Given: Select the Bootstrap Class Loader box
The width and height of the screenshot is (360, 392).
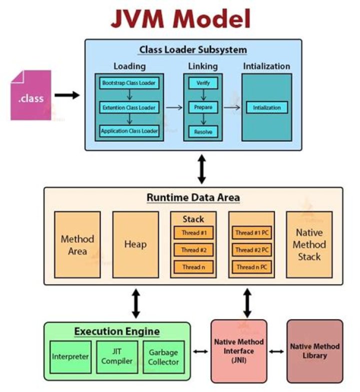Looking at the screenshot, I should point(129,82).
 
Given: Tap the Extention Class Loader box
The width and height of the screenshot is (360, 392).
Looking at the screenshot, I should point(129,107).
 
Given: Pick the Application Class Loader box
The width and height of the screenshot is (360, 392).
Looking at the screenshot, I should point(129,132).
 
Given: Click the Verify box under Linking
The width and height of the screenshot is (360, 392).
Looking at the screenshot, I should point(202,82).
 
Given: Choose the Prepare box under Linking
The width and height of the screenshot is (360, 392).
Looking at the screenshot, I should point(202,107).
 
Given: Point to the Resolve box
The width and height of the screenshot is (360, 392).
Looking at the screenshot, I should point(202,132).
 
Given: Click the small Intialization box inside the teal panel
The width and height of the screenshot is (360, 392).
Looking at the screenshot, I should point(266,107).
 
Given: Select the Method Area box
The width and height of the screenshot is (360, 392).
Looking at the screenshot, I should point(77,244).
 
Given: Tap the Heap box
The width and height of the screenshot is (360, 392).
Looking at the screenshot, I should point(135,244).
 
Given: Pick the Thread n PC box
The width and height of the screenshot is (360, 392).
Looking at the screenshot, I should point(251,267).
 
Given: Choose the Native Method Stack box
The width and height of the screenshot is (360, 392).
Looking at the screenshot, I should point(309,244).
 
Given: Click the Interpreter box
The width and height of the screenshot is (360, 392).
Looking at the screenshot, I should point(70,357).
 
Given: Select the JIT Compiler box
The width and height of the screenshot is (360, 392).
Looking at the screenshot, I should point(116,357).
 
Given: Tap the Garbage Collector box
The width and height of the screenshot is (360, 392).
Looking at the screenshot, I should point(163,357).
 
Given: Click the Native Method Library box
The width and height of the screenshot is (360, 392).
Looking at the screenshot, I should point(314,351).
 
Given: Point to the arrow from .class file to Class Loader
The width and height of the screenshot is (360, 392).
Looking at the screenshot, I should point(66,95).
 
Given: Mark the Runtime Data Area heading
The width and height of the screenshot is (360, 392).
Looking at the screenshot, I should point(193,198).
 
